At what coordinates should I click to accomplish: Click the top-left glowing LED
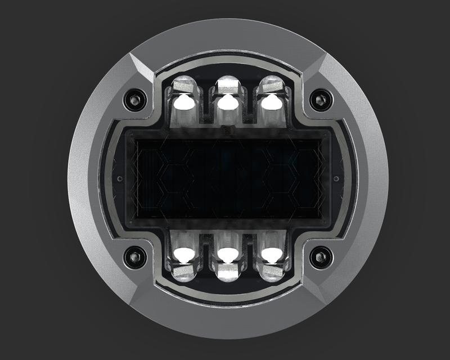[183, 102]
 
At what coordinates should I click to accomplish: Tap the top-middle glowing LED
[227, 102]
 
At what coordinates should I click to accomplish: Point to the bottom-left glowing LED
[183, 254]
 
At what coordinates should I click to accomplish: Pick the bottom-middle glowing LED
[227, 255]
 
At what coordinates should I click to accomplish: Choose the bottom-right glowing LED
[271, 254]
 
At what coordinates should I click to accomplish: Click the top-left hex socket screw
[136, 100]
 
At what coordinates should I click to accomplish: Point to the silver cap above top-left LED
[183, 85]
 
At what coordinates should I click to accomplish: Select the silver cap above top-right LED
[271, 85]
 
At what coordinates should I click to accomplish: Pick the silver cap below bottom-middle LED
[227, 273]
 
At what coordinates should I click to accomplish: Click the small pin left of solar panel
[119, 178]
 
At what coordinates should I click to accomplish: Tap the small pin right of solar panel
[336, 178]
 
